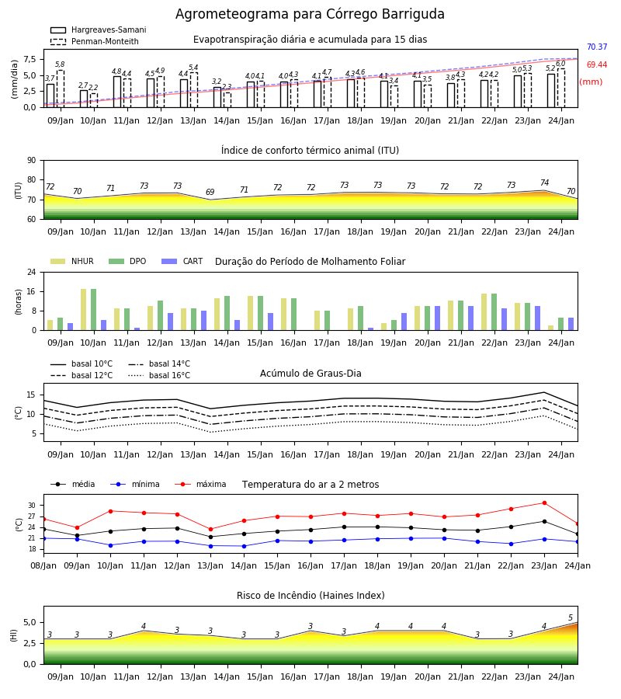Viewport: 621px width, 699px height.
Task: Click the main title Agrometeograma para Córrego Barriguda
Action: coord(310,14)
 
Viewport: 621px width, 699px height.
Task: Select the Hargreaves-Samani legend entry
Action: coord(99,30)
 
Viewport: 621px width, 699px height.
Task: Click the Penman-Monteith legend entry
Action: coord(95,41)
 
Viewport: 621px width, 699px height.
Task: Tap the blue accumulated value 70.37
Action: coord(597,47)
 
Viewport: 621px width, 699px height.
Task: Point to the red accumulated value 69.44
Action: coord(597,64)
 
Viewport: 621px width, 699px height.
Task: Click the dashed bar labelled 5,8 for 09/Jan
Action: coord(61,89)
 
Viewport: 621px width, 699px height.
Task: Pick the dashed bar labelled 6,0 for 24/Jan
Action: coord(561,89)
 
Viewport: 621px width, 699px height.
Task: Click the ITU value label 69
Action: coord(210,192)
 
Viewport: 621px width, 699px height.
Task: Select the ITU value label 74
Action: coord(544,183)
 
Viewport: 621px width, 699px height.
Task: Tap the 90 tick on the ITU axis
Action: coord(32,161)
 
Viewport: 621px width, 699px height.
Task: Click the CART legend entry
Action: coord(182,261)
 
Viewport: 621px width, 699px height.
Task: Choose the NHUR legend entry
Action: coord(72,261)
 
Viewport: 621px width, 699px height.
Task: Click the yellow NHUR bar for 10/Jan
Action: coord(83,310)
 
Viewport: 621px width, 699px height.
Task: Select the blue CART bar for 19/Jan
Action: coord(404,322)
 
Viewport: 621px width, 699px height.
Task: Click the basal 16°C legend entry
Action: coord(159,375)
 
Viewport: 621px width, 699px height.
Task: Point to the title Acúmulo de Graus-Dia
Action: coord(310,373)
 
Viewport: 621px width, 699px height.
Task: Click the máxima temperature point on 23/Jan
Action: coord(544,503)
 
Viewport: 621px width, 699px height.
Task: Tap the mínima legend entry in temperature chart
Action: coord(135,484)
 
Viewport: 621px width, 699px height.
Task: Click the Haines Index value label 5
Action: coord(571,618)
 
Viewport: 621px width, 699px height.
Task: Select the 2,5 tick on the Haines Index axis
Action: coord(30,643)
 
